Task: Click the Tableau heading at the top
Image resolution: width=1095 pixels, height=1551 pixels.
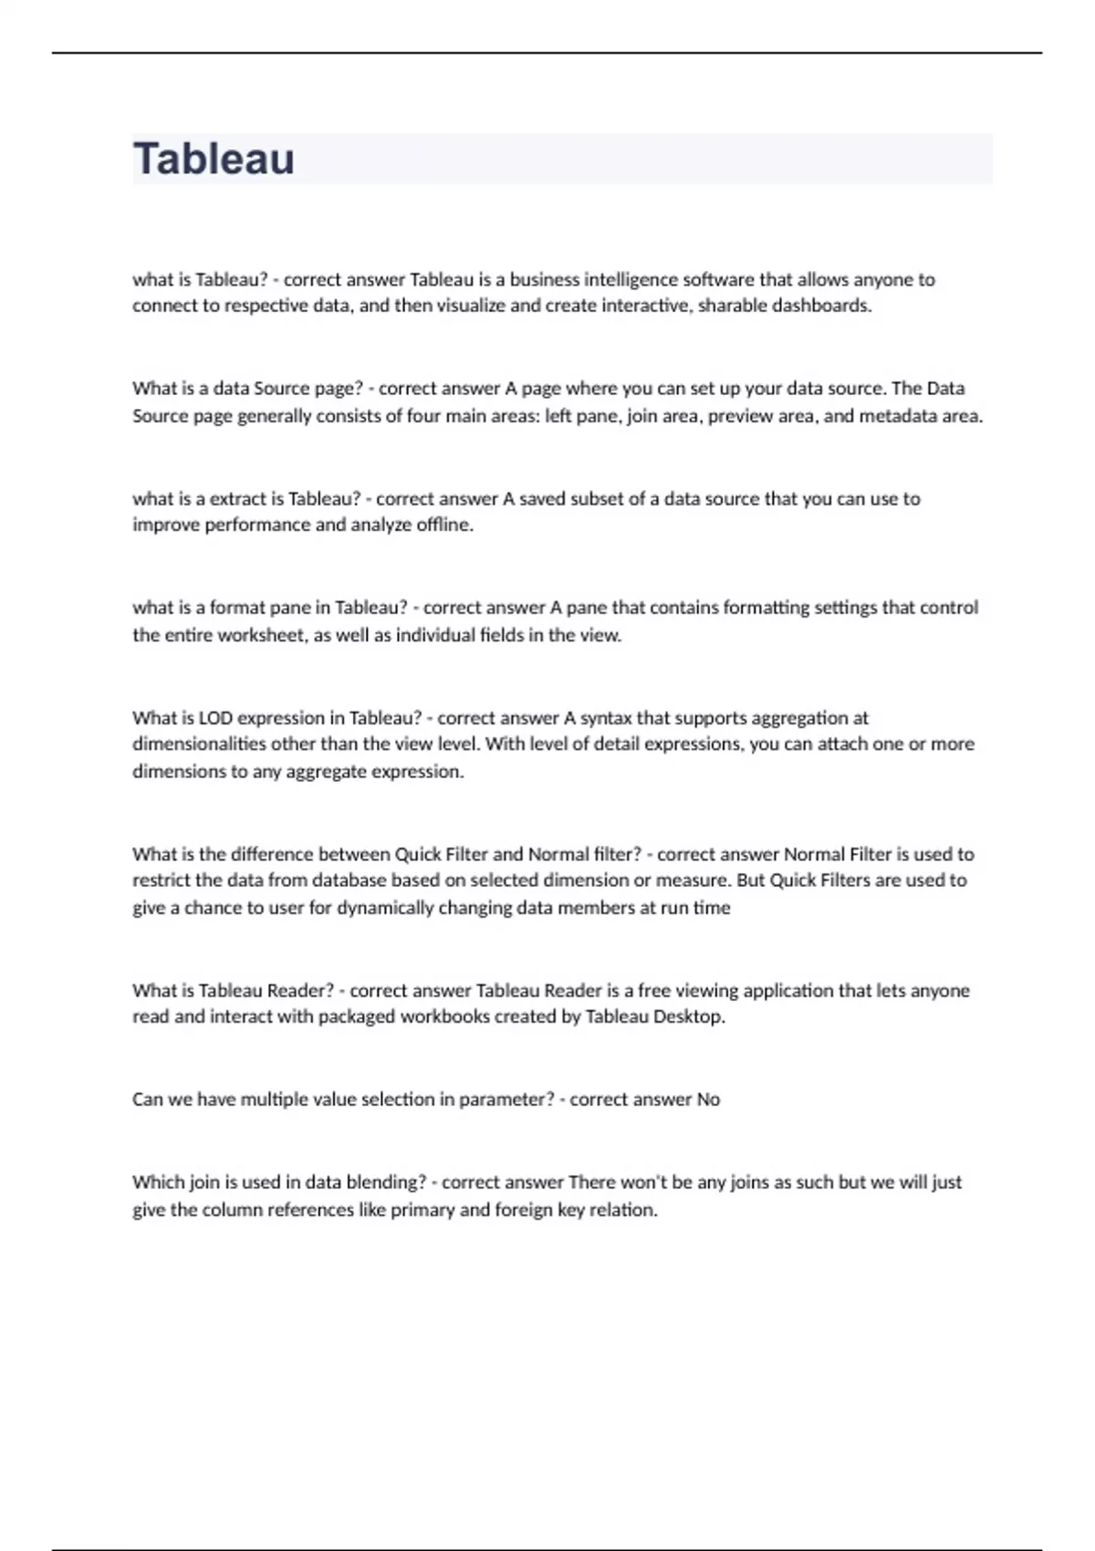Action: pos(214,159)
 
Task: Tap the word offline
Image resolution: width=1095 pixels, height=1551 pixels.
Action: pos(444,525)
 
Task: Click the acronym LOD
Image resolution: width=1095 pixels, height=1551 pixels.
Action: pos(216,718)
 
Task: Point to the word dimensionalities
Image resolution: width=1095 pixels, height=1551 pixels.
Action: pos(199,744)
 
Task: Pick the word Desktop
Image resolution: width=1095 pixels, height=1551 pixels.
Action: pos(688,1016)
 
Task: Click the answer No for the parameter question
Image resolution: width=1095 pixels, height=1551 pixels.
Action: pos(709,1099)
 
